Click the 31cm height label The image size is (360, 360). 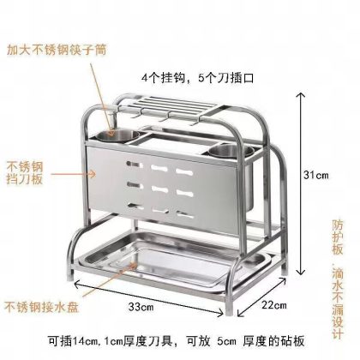coord(315,175)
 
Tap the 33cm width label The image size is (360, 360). coord(141,307)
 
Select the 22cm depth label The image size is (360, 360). coord(274,305)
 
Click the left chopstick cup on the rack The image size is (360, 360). coord(117,135)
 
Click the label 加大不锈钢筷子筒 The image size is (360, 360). coord(57,50)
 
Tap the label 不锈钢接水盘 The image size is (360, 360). coord(41,307)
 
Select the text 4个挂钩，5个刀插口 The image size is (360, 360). coord(198,78)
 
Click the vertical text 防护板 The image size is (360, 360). coord(337,237)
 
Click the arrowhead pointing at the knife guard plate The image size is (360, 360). coord(93,173)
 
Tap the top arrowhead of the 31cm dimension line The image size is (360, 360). coord(300,96)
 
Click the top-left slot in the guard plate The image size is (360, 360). coord(135,165)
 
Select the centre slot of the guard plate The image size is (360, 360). coord(159,189)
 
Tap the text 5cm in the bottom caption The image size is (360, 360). coord(226,341)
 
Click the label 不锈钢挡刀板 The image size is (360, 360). coord(25,172)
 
